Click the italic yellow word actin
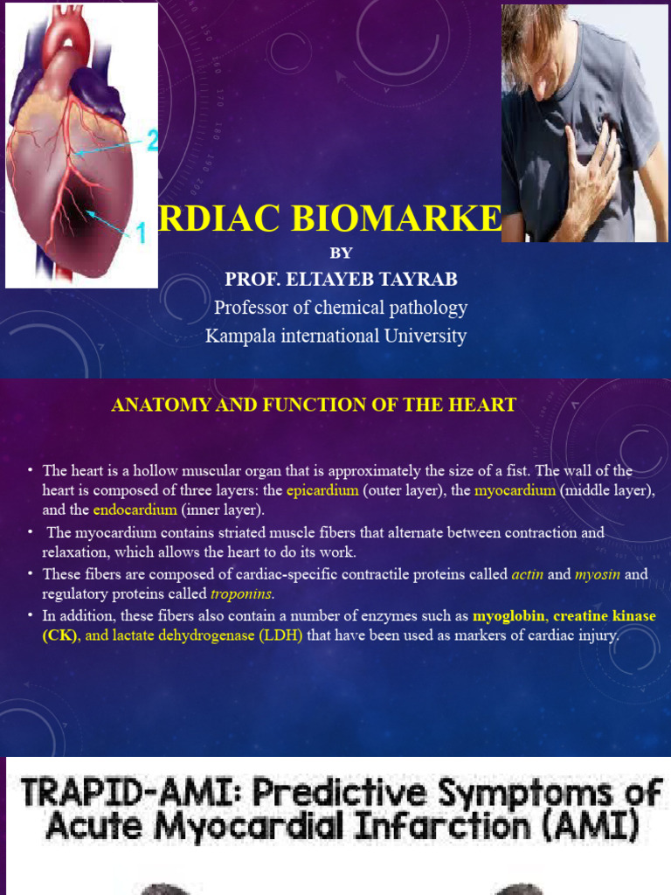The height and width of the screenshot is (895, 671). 528,574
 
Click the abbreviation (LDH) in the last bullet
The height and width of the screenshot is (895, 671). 280,635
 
